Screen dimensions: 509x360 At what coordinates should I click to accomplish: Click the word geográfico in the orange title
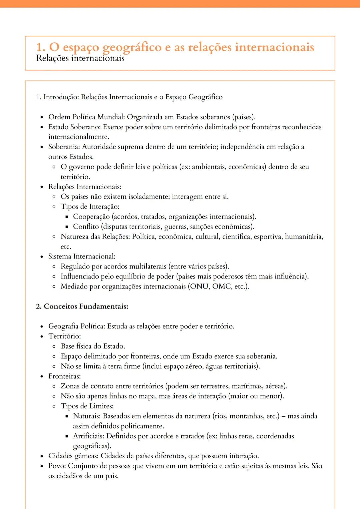(132, 47)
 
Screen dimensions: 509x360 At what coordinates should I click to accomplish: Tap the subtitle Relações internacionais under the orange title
(80, 58)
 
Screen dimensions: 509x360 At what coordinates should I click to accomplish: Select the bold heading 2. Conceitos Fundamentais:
(82, 306)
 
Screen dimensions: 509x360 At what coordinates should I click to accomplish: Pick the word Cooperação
(91, 217)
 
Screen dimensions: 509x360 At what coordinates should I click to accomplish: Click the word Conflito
(86, 227)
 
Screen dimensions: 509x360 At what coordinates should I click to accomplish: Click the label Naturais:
(87, 416)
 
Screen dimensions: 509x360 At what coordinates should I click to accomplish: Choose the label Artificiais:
(88, 436)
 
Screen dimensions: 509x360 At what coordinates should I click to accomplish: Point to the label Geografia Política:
(76, 326)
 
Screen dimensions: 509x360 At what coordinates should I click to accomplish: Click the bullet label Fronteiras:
(64, 376)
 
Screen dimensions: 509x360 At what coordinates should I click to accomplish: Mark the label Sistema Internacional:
(82, 256)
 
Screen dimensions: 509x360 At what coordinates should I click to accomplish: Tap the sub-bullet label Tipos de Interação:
(90, 207)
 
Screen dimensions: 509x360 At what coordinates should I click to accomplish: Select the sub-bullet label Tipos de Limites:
(87, 406)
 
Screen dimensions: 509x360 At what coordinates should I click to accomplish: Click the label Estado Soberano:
(75, 127)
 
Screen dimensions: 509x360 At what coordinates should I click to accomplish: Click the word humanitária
(304, 237)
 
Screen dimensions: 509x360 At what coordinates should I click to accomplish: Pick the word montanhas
(246, 416)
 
